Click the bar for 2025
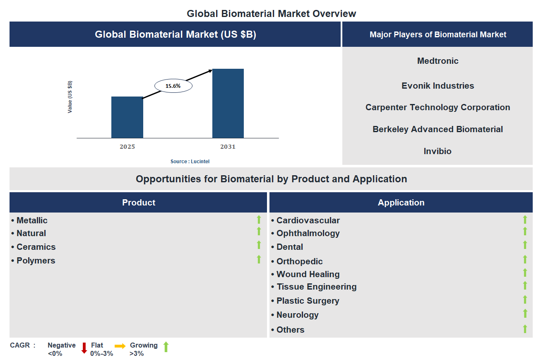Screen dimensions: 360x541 127,117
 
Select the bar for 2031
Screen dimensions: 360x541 228,103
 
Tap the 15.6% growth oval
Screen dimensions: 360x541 173,86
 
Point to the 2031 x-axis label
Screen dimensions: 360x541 228,147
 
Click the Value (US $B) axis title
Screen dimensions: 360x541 70,97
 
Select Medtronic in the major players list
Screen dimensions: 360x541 438,61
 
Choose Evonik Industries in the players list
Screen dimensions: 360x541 438,86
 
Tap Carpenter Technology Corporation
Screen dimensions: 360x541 438,107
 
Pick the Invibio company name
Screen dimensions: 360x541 438,151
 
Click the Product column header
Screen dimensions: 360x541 138,203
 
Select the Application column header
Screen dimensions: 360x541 401,203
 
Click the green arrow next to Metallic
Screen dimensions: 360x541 259,220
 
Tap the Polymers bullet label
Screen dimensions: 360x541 36,261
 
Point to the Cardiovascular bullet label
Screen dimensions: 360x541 308,220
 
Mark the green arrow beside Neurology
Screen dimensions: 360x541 525,314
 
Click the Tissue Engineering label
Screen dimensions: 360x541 316,287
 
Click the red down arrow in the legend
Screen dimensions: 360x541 84,348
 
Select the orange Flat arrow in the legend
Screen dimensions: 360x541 120,346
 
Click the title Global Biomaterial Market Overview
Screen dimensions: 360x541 271,13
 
